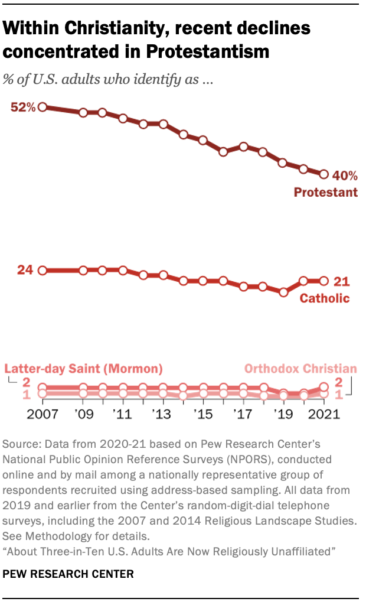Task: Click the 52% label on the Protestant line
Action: [x=22, y=108]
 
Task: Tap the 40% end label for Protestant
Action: [x=344, y=175]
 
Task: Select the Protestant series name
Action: [x=326, y=192]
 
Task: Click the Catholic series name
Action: [x=325, y=298]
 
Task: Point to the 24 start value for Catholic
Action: [x=24, y=270]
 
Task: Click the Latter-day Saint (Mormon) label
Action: [x=83, y=369]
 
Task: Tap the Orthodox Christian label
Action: [x=300, y=369]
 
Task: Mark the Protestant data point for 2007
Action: [x=43, y=108]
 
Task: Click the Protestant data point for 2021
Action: [x=323, y=174]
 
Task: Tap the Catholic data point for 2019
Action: [x=283, y=292]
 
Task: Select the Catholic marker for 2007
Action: [x=43, y=271]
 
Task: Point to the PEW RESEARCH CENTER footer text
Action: [x=68, y=573]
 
